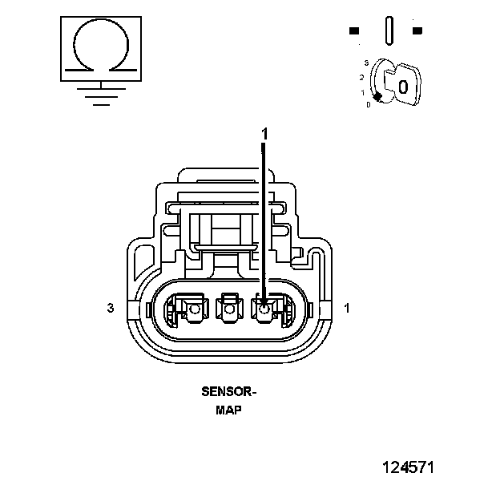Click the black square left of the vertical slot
point(354,31)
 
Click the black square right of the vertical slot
point(417,31)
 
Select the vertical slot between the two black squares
point(389,30)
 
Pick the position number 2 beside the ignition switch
point(361,77)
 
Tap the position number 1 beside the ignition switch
point(362,92)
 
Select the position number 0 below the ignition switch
point(368,104)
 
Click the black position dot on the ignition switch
point(377,96)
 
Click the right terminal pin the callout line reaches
point(264,305)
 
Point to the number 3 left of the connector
point(111,307)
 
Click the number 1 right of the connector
point(346,307)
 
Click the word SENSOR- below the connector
point(229,393)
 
